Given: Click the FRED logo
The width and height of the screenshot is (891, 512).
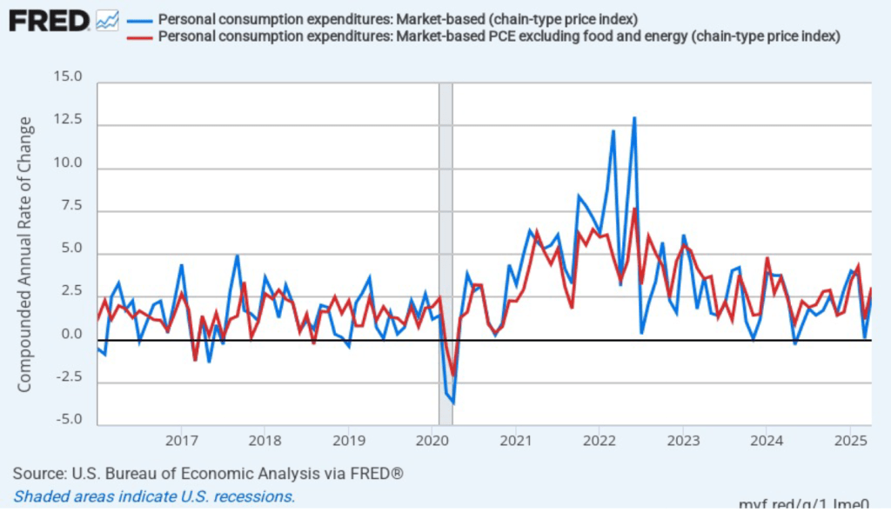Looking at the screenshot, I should click(49, 20).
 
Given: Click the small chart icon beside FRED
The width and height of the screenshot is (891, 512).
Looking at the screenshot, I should click(108, 20).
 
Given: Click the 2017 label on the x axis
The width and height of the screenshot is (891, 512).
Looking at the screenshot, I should click(181, 440).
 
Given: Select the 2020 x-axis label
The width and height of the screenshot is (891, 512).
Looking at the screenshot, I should click(432, 440).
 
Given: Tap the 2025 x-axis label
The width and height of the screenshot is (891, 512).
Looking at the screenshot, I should click(849, 440).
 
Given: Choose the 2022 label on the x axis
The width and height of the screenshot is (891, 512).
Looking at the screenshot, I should click(599, 440).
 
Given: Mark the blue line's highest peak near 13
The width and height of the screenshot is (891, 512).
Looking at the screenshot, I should click(634, 117).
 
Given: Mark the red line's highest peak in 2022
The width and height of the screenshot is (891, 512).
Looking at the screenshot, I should click(635, 209).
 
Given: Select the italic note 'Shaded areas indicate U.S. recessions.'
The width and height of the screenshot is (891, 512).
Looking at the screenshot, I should click(154, 496).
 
